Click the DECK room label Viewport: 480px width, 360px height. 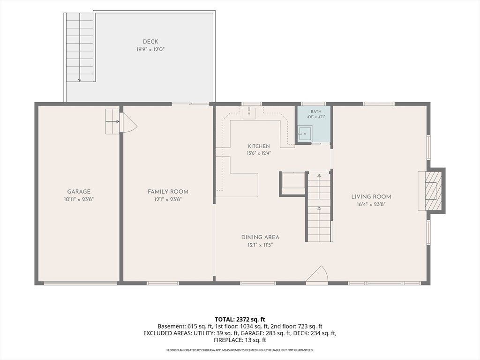tap(150, 42)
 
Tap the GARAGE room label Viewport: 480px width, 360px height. tap(79, 192)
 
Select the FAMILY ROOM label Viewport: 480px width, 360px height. tap(168, 192)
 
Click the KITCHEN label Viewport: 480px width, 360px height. tap(259, 146)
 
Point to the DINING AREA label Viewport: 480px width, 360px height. tap(260, 237)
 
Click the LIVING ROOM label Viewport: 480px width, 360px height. tap(371, 197)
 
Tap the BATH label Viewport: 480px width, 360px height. tap(316, 112)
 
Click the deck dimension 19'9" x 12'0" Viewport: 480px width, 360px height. tap(150, 49)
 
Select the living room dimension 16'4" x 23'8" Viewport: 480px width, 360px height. tap(371, 204)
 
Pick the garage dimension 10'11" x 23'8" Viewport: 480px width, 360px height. tap(79, 199)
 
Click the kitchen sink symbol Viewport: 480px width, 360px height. tap(249, 113)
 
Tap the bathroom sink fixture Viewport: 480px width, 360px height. tap(305, 134)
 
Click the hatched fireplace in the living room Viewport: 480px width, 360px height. tap(432, 191)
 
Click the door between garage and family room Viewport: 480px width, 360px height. tap(127, 122)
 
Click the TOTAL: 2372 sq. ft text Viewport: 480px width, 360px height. tap(240, 320)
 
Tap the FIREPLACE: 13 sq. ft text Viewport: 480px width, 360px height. tap(240, 340)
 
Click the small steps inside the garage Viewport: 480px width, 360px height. tap(112, 121)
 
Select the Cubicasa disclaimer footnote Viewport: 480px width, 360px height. tap(240, 350)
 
